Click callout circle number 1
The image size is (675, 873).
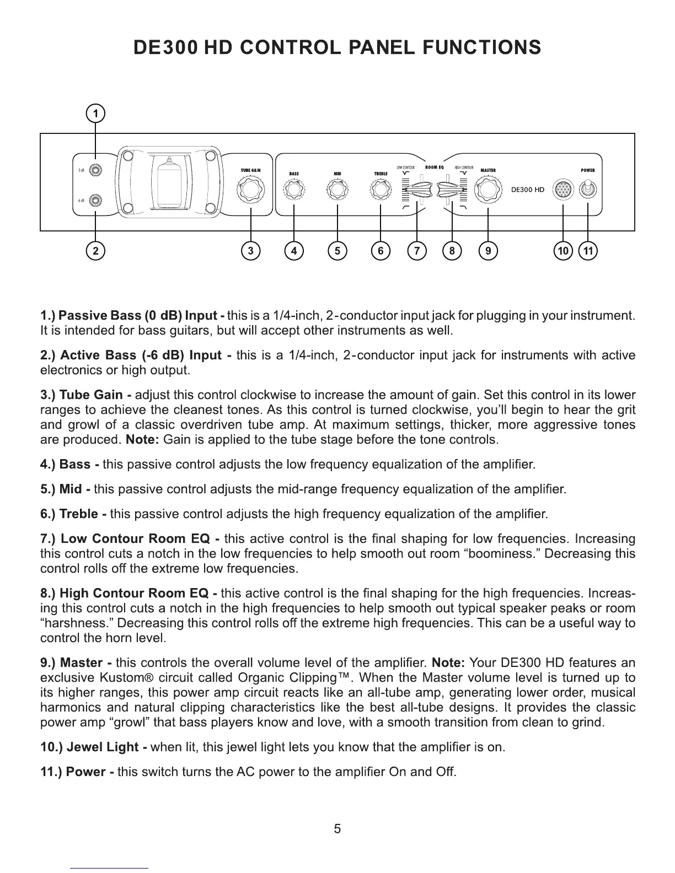[x=96, y=114]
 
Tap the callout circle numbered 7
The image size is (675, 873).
[x=417, y=251]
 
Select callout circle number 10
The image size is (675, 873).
[x=563, y=251]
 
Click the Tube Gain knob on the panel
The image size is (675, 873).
[x=250, y=190]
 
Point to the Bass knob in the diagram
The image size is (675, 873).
[x=294, y=190]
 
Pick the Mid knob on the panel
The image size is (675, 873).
[x=337, y=190]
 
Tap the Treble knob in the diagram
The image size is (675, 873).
[x=381, y=190]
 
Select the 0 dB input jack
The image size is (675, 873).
[x=97, y=170]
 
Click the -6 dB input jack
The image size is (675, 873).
[x=97, y=200]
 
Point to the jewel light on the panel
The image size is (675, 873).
[x=562, y=190]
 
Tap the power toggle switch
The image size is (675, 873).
[x=588, y=190]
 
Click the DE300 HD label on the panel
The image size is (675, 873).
[x=527, y=190]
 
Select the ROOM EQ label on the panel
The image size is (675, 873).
[x=435, y=166]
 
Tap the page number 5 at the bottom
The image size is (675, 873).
[x=337, y=828]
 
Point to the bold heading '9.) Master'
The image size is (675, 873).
[x=77, y=662]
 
